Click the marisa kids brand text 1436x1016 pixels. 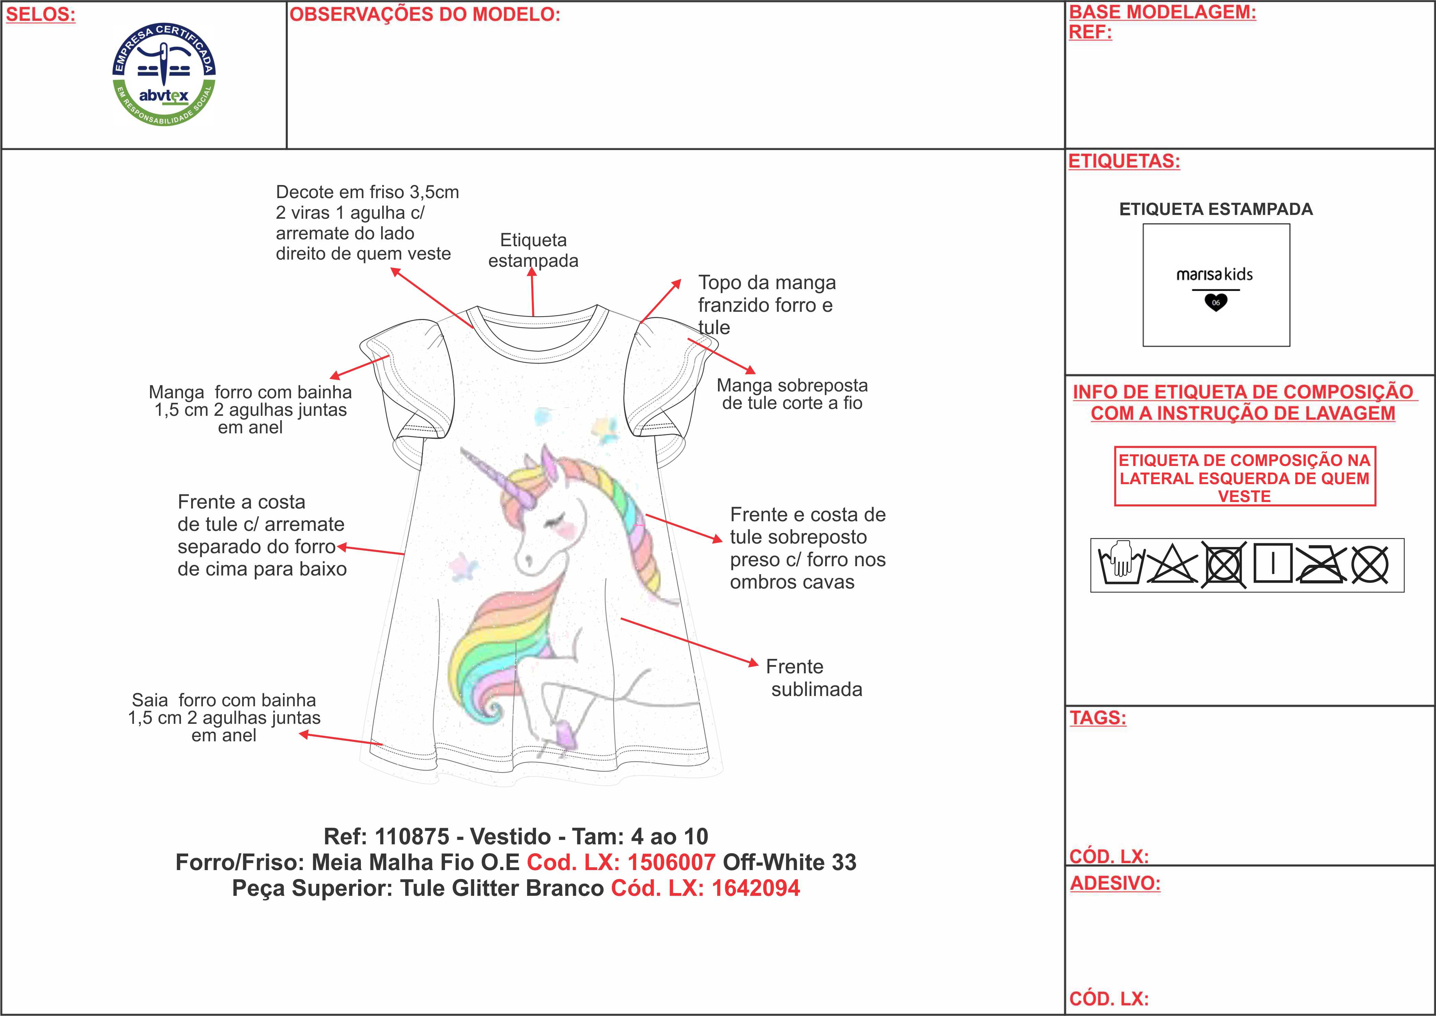[1215, 275]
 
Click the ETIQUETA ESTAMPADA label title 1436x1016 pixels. [1216, 209]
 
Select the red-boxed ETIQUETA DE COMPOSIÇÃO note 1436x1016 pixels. [1244, 478]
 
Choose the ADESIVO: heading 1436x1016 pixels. [1115, 883]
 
